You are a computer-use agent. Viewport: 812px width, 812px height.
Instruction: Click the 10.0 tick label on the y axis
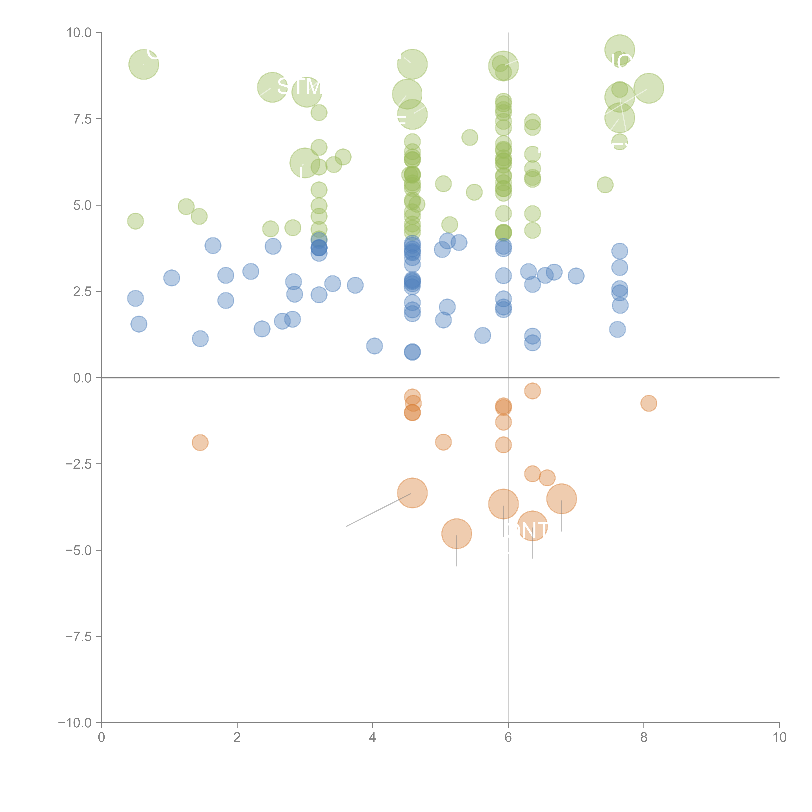click(79, 33)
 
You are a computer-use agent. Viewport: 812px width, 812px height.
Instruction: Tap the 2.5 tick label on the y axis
click(82, 292)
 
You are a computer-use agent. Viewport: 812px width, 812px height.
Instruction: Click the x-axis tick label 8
click(644, 737)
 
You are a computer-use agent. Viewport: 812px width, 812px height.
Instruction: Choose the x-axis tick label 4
click(373, 737)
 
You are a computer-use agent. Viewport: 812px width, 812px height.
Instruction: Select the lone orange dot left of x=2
click(200, 443)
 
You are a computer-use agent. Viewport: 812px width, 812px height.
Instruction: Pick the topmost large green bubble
click(620, 50)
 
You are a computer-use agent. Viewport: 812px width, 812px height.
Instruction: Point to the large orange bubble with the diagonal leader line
click(412, 493)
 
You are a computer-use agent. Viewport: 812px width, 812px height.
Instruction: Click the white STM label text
click(299, 87)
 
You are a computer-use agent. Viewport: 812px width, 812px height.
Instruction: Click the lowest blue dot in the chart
click(412, 352)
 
